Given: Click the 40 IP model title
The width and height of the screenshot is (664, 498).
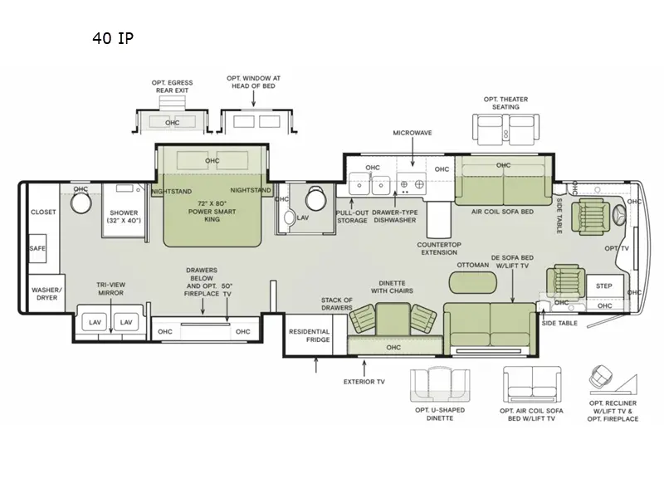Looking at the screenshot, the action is (x=113, y=38).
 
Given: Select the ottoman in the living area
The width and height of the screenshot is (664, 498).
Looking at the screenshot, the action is (x=472, y=282).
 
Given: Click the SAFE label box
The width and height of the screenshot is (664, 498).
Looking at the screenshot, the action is (x=37, y=248).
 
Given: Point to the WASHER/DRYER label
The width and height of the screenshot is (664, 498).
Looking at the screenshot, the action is (x=46, y=294).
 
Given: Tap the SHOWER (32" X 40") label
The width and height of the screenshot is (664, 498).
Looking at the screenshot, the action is (x=124, y=217).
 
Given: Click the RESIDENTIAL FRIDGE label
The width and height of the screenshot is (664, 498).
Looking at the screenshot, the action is (x=309, y=335).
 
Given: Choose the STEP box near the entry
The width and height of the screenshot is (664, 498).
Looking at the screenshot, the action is (x=604, y=286).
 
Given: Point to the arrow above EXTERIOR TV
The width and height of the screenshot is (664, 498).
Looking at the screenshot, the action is (x=364, y=367).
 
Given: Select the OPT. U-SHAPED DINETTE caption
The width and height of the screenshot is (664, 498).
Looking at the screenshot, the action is (x=440, y=414).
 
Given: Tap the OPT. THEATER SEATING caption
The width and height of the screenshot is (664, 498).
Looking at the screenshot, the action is (x=505, y=103).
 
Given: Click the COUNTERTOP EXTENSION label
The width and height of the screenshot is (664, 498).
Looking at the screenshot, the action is (x=439, y=248).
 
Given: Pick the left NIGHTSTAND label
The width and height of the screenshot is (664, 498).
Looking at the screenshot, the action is (x=172, y=192).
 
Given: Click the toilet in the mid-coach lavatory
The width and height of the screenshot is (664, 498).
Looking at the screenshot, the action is (x=315, y=198).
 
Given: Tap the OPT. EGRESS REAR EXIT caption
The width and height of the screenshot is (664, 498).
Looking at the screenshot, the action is (x=172, y=86).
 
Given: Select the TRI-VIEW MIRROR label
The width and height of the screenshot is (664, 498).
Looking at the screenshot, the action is (x=111, y=289).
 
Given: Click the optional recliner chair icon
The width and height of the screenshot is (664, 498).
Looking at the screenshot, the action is (x=601, y=376).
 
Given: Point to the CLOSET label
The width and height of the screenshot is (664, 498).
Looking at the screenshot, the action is (x=43, y=212).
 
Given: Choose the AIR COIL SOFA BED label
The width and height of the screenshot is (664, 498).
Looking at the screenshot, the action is (x=503, y=212).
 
